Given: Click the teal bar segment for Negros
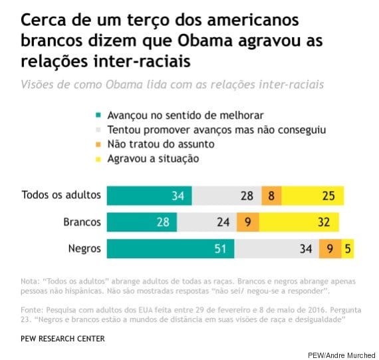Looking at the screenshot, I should [170, 248].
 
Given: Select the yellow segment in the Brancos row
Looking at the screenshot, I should [299, 222].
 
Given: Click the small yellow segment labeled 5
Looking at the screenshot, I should [348, 248].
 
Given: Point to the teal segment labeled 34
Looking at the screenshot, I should [149, 195].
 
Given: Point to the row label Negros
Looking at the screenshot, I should [84, 248].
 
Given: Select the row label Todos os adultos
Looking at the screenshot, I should [61, 195].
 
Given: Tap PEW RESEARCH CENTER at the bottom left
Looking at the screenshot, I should [63, 338].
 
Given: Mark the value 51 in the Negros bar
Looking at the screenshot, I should [219, 248].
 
